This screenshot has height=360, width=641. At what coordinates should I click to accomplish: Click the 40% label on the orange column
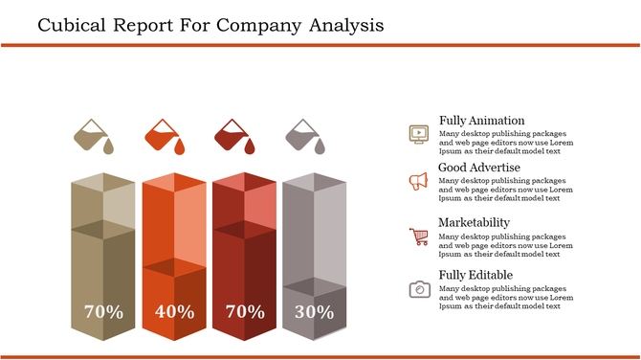(173, 311)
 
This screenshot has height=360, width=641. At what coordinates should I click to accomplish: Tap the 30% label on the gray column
(314, 311)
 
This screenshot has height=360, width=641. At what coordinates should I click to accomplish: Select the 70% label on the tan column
(103, 311)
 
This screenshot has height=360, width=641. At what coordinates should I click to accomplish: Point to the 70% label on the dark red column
(244, 311)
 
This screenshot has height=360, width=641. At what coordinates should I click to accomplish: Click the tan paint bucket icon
(93, 135)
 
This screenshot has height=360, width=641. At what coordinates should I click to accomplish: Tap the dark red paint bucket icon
(232, 135)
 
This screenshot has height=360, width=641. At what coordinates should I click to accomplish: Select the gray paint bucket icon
(303, 135)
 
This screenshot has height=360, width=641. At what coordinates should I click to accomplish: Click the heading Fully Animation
(481, 121)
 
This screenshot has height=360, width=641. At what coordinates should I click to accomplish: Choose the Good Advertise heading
(479, 168)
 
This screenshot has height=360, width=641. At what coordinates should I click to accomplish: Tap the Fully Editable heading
(475, 276)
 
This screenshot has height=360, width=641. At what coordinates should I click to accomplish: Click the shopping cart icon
(418, 236)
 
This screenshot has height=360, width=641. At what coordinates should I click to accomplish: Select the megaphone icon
(418, 181)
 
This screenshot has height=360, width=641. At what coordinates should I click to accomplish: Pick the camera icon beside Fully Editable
(418, 288)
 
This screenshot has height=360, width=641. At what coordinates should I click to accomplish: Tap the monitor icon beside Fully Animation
(418, 133)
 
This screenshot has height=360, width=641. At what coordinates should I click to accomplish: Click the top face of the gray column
(314, 182)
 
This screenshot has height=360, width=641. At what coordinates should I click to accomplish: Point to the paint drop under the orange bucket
(178, 146)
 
